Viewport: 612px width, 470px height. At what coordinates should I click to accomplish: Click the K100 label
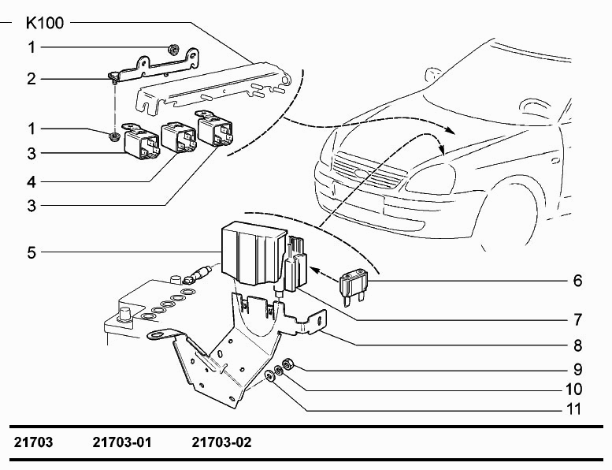pyautogui.click(x=44, y=23)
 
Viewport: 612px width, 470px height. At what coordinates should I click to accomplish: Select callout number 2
pyautogui.click(x=32, y=79)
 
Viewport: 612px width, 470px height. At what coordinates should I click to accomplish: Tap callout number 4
pyautogui.click(x=32, y=181)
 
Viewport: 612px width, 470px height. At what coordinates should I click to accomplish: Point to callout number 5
pyautogui.click(x=32, y=252)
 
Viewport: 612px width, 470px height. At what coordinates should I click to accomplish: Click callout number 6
pyautogui.click(x=577, y=281)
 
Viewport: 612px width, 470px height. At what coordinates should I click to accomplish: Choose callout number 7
pyautogui.click(x=577, y=319)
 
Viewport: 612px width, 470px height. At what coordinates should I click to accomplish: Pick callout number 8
pyautogui.click(x=577, y=345)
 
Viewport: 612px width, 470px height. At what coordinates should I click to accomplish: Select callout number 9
pyautogui.click(x=577, y=369)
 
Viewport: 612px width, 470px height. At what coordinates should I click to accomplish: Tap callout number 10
pyautogui.click(x=573, y=389)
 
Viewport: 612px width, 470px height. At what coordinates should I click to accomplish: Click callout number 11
pyautogui.click(x=573, y=409)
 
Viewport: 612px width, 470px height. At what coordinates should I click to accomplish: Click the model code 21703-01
pyautogui.click(x=121, y=442)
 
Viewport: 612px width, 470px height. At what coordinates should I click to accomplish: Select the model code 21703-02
pyautogui.click(x=221, y=442)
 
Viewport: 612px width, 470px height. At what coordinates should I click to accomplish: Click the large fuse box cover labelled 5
pyautogui.click(x=253, y=252)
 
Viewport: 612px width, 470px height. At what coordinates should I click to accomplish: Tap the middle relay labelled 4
pyautogui.click(x=178, y=136)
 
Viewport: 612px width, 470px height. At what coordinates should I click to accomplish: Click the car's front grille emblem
pyautogui.click(x=360, y=172)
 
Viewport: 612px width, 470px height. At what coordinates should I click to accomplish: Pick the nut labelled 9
pyautogui.click(x=287, y=364)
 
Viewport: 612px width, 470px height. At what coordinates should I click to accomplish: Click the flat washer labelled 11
pyautogui.click(x=269, y=376)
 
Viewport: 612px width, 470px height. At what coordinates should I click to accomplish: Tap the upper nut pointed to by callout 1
pyautogui.click(x=173, y=49)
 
